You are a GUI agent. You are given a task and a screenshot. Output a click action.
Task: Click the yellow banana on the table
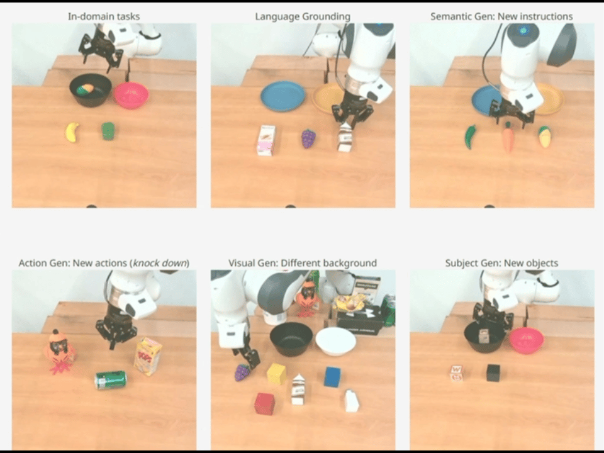(72, 132)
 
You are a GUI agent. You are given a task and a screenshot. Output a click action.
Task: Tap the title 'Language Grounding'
(303, 16)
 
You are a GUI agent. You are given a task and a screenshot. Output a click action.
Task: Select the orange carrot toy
(508, 137)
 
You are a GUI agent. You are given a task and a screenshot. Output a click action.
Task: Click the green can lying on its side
(111, 379)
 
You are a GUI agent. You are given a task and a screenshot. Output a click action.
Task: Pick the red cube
(265, 403)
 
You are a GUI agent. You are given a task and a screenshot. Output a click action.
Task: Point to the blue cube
(333, 376)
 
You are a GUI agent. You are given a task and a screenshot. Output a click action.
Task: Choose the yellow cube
(277, 373)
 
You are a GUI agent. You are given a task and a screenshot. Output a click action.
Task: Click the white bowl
(335, 341)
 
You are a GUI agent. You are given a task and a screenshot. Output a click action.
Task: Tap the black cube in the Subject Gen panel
(493, 372)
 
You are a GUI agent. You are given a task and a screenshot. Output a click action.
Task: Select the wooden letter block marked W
(456, 373)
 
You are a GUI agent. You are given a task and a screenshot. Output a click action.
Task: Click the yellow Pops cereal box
(148, 356)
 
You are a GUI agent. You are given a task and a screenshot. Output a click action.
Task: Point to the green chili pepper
(471, 137)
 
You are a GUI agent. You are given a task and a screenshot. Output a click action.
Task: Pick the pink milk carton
(266, 140)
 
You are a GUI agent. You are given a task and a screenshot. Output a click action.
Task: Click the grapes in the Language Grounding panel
(308, 138)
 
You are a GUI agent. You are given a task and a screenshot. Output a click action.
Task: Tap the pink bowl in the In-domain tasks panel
(131, 95)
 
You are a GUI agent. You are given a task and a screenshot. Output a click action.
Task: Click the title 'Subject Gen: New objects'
(501, 263)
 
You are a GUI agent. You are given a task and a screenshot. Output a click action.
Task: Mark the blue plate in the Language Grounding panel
(283, 96)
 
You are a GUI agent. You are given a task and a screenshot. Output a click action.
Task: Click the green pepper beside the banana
(108, 131)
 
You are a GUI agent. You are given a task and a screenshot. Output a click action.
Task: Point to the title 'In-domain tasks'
(104, 16)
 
